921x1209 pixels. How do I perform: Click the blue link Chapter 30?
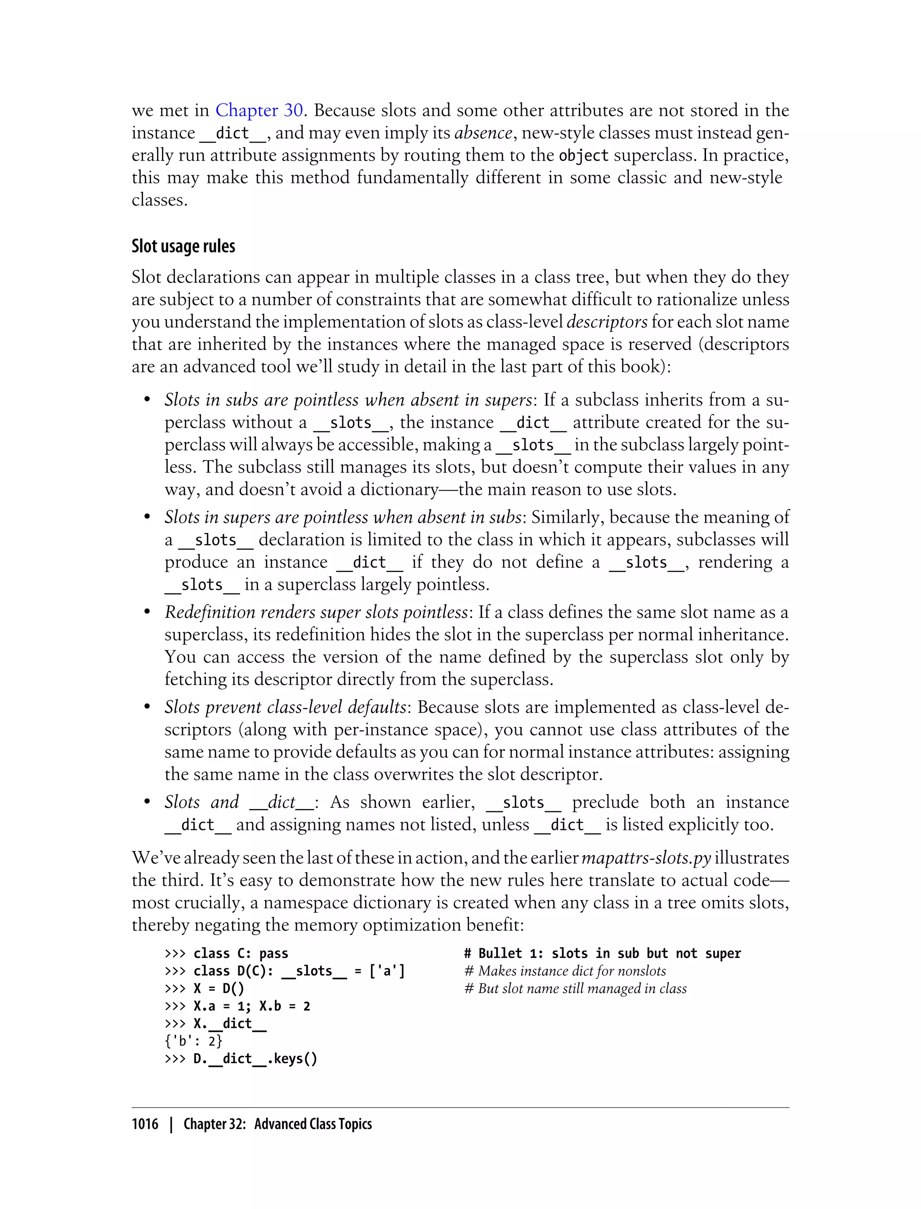259,111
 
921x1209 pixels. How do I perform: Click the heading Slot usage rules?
183,246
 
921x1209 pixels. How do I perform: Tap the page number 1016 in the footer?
145,1124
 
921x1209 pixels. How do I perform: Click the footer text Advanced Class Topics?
313,1124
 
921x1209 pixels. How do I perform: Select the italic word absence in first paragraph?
483,133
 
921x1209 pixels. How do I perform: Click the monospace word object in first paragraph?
583,156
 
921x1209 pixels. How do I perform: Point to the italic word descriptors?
607,322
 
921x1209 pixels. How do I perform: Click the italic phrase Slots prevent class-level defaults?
285,707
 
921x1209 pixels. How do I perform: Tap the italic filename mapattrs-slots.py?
646,858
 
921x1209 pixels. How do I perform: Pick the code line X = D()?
219,989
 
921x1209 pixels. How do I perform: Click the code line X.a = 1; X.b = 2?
252,1006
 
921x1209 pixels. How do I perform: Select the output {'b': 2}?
193,1041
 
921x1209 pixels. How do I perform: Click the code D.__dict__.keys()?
255,1059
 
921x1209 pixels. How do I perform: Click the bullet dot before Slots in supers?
147,517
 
